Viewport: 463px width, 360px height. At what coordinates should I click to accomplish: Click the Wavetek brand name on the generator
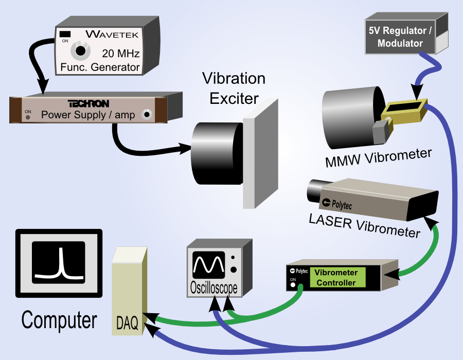point(112,34)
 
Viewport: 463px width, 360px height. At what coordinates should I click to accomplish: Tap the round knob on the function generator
point(80,51)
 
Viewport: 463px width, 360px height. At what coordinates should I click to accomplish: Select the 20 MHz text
point(121,53)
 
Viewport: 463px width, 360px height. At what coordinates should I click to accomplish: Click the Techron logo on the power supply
point(88,103)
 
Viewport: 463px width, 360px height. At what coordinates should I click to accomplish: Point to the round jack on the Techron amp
point(147,114)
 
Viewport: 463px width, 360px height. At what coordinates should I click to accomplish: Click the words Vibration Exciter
point(234,88)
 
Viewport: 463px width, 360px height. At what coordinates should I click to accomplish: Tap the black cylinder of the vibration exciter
point(217,153)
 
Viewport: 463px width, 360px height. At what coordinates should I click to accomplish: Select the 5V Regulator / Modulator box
point(406,33)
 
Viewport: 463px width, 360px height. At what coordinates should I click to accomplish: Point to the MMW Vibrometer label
point(378,158)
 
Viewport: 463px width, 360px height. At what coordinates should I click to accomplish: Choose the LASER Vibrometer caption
point(364,226)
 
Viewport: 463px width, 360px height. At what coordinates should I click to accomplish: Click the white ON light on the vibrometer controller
point(293,285)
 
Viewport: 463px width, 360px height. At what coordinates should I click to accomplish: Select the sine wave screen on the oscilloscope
point(208,265)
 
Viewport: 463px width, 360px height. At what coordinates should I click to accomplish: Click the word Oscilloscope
point(214,287)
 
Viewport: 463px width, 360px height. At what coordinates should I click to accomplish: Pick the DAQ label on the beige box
point(127,323)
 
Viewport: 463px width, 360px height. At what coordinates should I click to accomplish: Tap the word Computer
point(59,320)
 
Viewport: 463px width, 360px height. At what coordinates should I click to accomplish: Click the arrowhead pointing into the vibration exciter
point(185,148)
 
